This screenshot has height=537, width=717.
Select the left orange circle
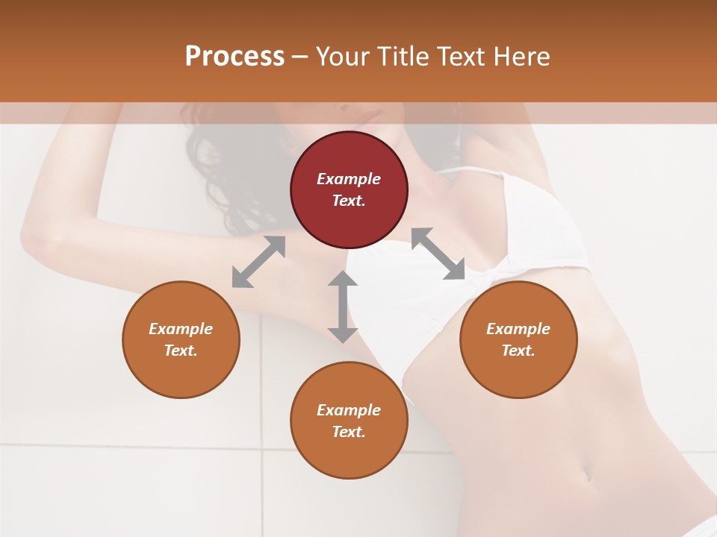click(181, 339)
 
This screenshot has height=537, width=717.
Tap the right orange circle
click(518, 339)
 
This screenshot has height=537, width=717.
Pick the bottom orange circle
click(349, 420)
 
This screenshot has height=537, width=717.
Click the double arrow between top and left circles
click(258, 262)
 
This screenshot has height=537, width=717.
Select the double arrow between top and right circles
click(438, 254)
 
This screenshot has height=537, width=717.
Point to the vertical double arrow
click(343, 307)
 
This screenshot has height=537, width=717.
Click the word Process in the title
click(235, 56)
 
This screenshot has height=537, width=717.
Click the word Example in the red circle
click(349, 179)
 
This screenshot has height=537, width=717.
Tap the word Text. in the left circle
click(181, 351)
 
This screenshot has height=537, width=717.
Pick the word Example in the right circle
click(518, 329)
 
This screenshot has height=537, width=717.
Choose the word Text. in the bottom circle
click(349, 432)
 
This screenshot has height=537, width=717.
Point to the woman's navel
click(587, 474)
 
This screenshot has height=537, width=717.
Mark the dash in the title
click(300, 57)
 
